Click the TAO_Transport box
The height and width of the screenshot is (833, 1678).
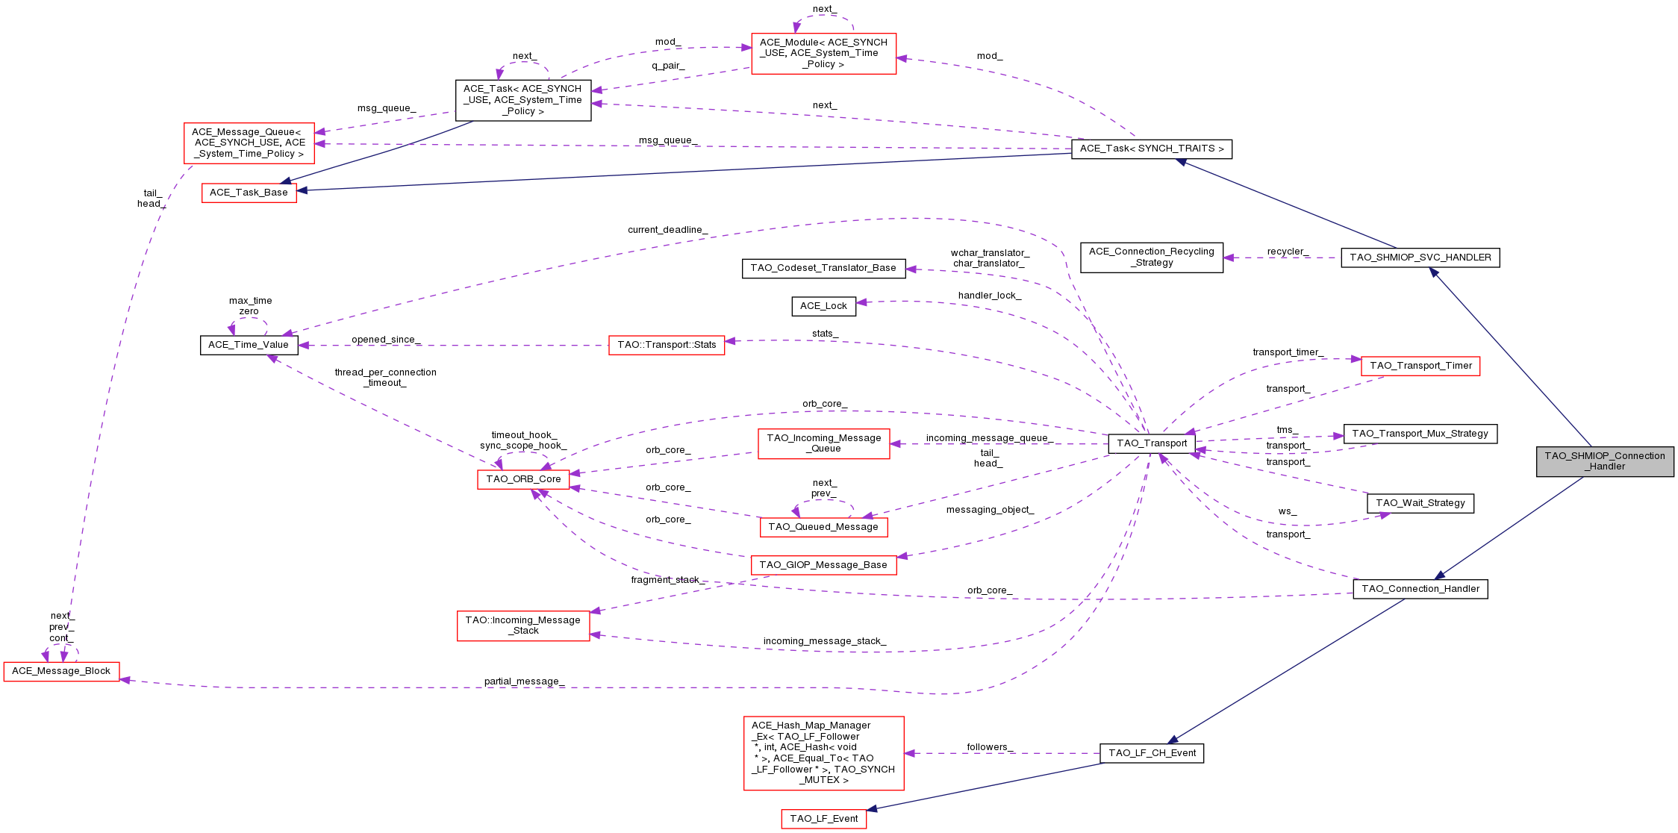[1151, 443]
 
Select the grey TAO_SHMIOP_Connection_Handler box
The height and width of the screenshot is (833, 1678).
[1605, 461]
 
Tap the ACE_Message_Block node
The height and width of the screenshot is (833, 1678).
[61, 671]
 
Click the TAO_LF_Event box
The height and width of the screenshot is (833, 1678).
[823, 819]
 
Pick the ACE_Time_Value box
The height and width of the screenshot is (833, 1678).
[249, 345]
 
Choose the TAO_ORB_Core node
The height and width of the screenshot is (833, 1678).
[523, 479]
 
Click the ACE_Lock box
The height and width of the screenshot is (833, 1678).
[823, 306]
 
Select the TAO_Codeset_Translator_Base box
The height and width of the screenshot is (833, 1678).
[823, 268]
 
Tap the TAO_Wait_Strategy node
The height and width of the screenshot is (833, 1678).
[1420, 503]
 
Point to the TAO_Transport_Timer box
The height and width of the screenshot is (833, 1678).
[1420, 366]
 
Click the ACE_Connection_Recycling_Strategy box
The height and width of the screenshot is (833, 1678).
[1151, 258]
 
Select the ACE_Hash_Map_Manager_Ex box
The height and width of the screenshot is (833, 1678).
[823, 752]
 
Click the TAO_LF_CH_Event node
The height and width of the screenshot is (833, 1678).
[1151, 753]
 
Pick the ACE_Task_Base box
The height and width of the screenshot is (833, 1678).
[249, 193]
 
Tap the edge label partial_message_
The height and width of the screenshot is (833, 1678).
[524, 681]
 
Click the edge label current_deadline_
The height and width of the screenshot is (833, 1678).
[667, 230]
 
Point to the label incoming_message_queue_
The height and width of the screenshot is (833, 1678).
[989, 438]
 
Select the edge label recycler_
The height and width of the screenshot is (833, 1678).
[1288, 252]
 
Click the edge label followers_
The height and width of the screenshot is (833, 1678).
[990, 747]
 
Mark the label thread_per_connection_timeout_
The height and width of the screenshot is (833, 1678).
[385, 378]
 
